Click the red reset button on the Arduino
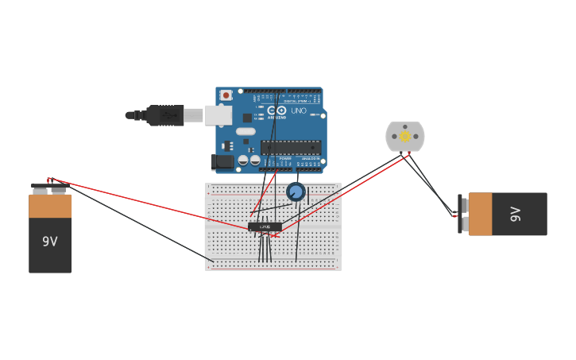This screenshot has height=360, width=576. (226, 95)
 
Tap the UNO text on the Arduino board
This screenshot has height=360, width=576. (299, 110)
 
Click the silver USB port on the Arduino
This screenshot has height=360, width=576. (218, 115)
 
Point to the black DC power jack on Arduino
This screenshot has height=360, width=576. (224, 161)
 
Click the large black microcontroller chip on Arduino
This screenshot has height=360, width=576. (291, 147)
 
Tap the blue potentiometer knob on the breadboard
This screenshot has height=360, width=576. (296, 192)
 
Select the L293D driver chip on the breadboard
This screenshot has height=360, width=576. (265, 227)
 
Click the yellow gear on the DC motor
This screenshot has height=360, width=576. (405, 136)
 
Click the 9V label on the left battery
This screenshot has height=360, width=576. (50, 241)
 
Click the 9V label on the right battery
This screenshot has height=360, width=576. (515, 214)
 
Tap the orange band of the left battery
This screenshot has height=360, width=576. (50, 207)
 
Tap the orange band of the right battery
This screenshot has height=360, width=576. (480, 214)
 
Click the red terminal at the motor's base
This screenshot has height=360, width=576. (409, 154)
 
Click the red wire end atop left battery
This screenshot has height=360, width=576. (48, 180)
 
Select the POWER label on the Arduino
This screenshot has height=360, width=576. (284, 159)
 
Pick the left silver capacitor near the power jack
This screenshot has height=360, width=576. (243, 160)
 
